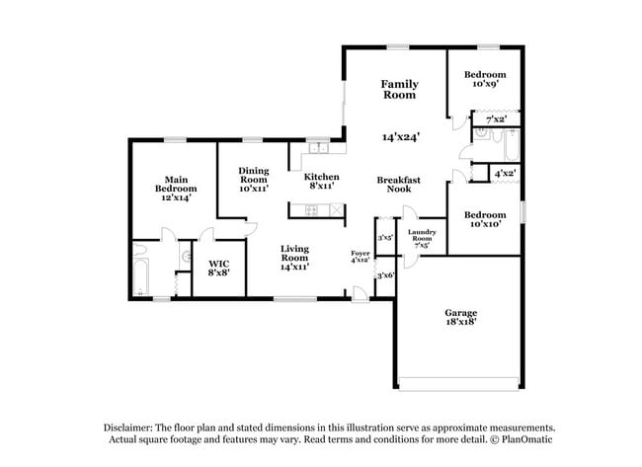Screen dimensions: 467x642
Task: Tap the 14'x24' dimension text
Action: coord(399,137)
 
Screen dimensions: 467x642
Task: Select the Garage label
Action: coord(460,312)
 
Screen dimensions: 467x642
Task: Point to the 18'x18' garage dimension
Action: coord(460,322)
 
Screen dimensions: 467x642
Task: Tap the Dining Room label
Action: coord(253,175)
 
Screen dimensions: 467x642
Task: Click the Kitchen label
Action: coord(322,177)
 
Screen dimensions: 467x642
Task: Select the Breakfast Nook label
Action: coord(399,184)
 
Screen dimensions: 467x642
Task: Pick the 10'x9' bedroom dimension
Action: coord(485,85)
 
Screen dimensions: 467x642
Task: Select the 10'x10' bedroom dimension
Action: coord(485,223)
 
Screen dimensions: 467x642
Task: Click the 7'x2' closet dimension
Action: coord(496,119)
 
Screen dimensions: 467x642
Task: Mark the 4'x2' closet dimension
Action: coord(505,173)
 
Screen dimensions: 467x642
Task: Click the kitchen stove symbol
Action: coord(313,209)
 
